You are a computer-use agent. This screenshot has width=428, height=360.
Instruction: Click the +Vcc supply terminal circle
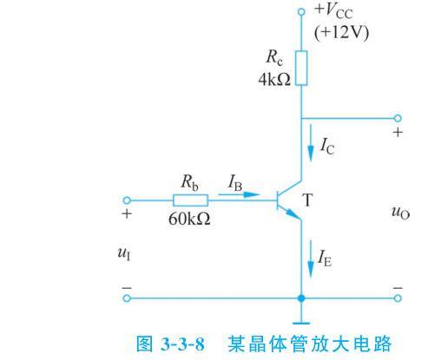click(301, 11)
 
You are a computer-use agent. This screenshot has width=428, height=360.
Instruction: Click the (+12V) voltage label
click(341, 33)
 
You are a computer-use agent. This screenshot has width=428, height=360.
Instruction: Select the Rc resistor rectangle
click(301, 68)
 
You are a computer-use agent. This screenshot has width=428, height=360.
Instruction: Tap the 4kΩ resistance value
click(274, 79)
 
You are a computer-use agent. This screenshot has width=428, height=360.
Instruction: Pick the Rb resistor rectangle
click(190, 200)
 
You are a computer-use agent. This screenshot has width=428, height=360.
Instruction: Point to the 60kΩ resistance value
click(189, 219)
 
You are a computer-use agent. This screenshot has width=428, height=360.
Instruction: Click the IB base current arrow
click(239, 194)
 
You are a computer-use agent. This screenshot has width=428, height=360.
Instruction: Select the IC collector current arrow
click(311, 142)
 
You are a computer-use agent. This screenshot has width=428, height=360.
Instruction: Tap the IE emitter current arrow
click(311, 259)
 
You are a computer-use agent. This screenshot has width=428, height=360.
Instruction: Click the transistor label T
click(307, 200)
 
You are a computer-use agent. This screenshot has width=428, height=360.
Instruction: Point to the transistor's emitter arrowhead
click(293, 214)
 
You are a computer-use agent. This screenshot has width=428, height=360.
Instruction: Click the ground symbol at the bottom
click(301, 323)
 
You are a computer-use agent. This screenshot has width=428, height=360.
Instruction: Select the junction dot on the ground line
click(301, 298)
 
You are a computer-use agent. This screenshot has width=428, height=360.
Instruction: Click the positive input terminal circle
click(127, 200)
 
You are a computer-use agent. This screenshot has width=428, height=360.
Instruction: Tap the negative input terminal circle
click(127, 298)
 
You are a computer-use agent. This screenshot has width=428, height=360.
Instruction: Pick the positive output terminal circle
click(398, 118)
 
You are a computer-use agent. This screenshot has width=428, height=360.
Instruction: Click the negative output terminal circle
click(398, 298)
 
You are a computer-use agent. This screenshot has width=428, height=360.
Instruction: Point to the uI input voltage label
click(124, 253)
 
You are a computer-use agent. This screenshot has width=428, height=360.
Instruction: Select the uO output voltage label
click(400, 213)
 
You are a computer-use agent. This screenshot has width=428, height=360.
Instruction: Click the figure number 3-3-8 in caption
click(182, 344)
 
